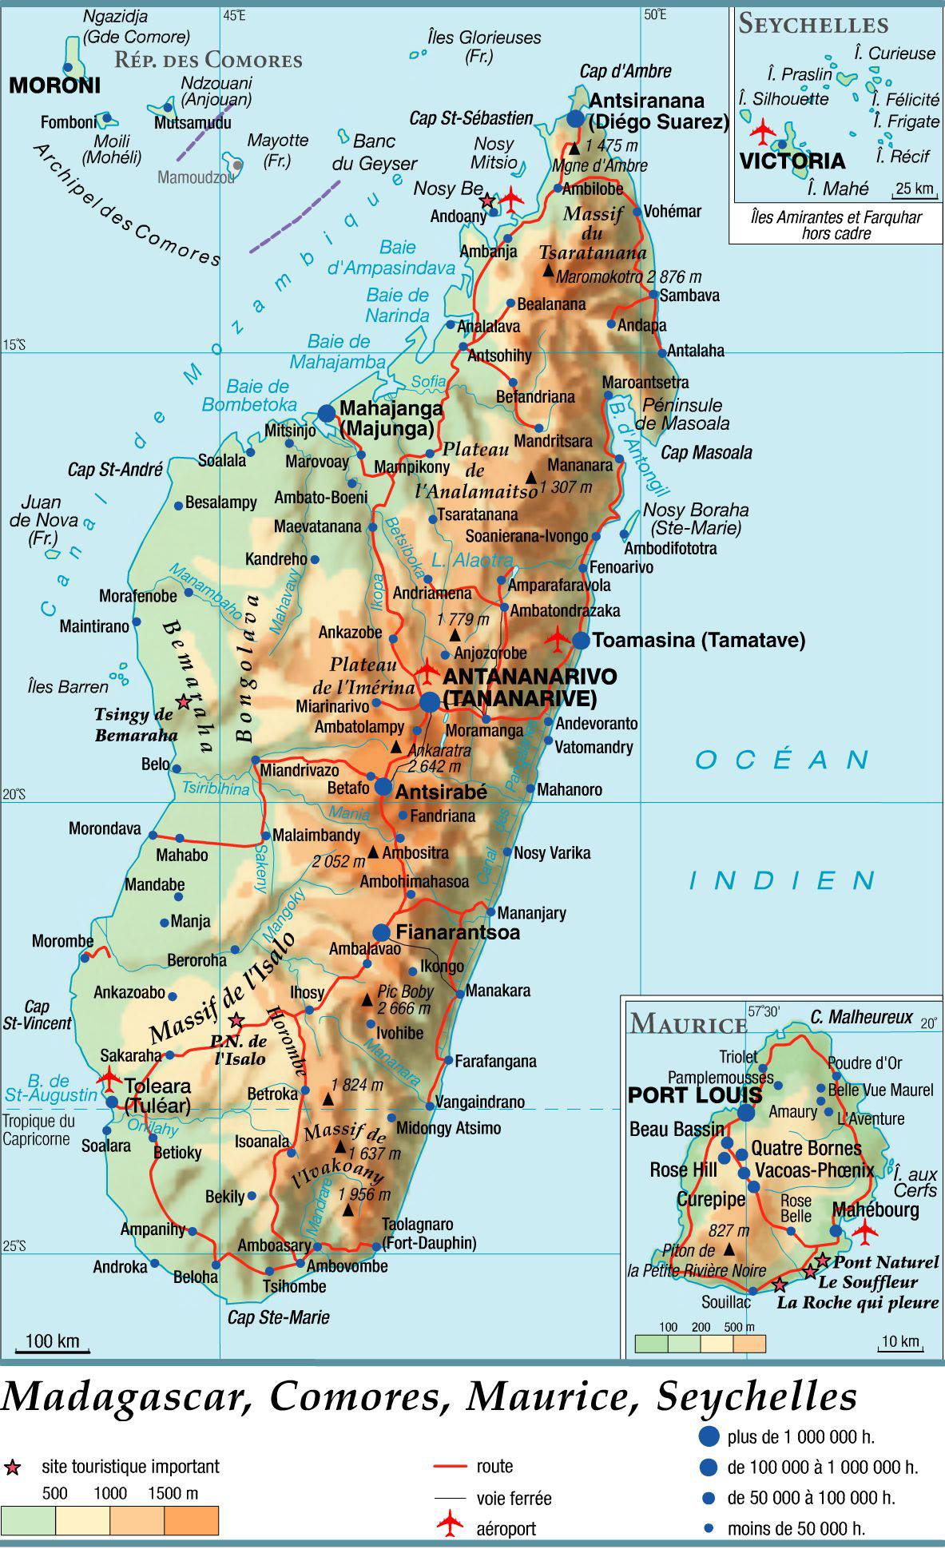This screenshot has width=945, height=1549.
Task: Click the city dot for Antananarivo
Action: (x=430, y=701)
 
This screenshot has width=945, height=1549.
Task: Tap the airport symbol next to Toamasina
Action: (x=557, y=638)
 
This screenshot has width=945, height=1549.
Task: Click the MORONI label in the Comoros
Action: (x=54, y=85)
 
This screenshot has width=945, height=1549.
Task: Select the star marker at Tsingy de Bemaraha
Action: (x=183, y=701)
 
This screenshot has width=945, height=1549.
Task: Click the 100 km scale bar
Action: (x=53, y=1349)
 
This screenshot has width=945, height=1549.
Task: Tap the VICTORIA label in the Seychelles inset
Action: (x=792, y=161)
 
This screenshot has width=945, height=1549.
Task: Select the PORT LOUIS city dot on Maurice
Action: (x=746, y=1112)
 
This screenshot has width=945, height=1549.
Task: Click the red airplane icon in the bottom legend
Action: (x=450, y=1523)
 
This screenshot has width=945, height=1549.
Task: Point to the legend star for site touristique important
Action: (x=12, y=1467)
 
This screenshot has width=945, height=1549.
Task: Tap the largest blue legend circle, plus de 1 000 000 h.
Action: (x=708, y=1436)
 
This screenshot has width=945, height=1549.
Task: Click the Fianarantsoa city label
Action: (x=458, y=932)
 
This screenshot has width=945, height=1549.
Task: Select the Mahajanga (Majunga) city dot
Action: (x=327, y=412)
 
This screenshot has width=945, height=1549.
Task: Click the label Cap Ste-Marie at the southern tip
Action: (x=278, y=1317)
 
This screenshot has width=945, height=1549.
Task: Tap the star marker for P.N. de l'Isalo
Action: (x=236, y=1020)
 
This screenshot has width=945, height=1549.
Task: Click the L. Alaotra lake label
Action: (x=471, y=561)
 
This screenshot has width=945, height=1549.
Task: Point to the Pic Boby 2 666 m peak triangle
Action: (x=367, y=999)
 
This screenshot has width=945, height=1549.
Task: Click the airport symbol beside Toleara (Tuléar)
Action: (x=109, y=1078)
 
